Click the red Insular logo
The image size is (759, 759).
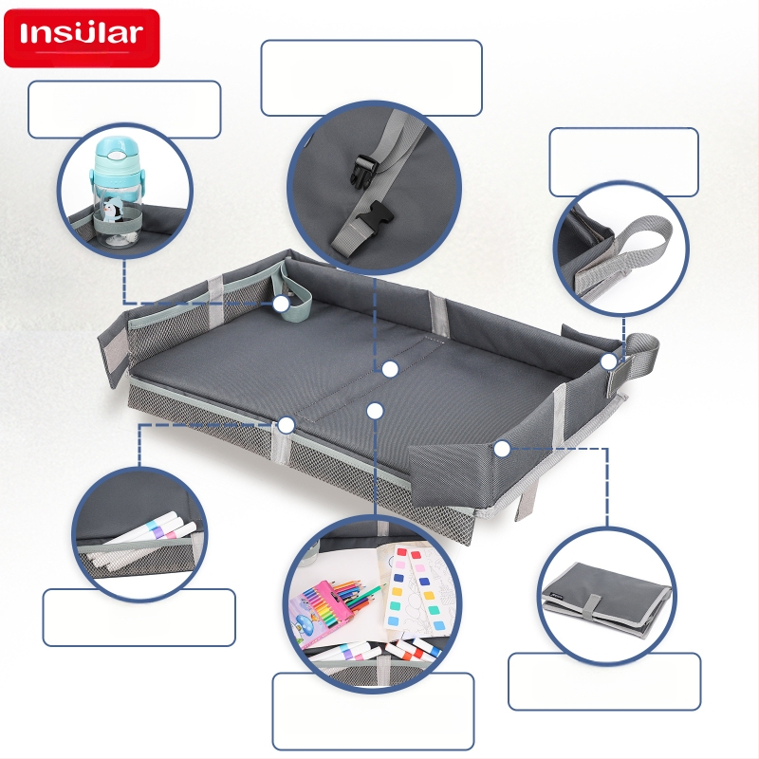pyautogui.click(x=82, y=38)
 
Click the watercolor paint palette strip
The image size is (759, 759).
pyautogui.click(x=417, y=589)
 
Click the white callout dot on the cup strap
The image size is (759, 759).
pyautogui.click(x=281, y=304)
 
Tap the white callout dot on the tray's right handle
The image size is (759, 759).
pyautogui.click(x=609, y=361)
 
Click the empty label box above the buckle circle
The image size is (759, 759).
pyautogui.click(x=371, y=78)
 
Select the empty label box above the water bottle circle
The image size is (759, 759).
pyautogui.click(x=124, y=109)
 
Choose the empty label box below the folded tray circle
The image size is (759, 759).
pyautogui.click(x=604, y=681)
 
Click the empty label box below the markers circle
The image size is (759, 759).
pyautogui.click(x=139, y=618)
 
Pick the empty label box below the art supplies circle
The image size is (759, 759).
pyautogui.click(x=373, y=711)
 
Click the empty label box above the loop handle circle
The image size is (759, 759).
pyautogui.click(x=624, y=162)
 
